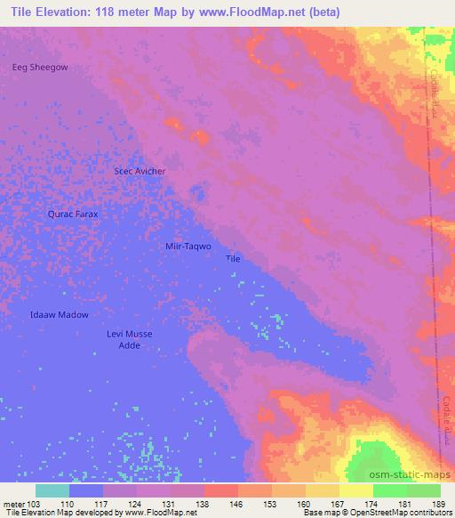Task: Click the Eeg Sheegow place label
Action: [x=39, y=67]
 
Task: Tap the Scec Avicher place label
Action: [x=140, y=171]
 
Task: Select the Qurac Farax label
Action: [x=72, y=214]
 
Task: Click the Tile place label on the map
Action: [x=233, y=259]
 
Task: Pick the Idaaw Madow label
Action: [x=59, y=315]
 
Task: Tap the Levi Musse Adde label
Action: [x=130, y=340]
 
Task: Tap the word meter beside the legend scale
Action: [x=13, y=504]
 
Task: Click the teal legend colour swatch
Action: [x=52, y=490]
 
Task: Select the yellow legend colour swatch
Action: [x=356, y=490]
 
